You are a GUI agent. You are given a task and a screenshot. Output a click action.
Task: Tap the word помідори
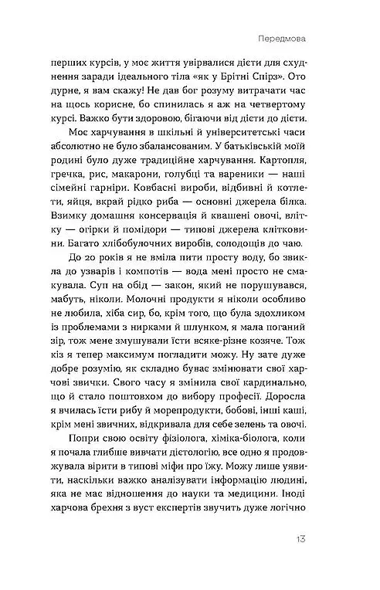157,240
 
